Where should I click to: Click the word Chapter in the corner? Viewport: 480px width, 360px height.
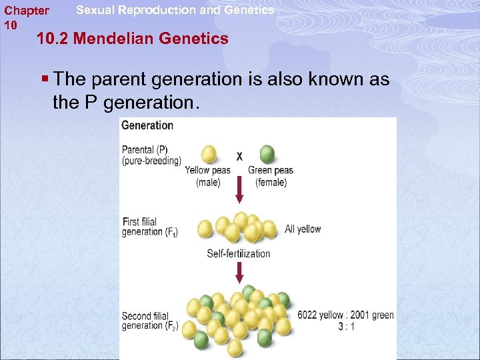tap(26, 11)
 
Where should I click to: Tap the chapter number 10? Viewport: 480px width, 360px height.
tap(10, 25)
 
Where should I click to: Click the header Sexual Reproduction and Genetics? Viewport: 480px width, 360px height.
tap(175, 10)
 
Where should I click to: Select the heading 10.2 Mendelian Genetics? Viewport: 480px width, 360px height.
tap(133, 39)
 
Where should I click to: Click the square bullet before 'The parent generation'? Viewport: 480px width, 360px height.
tap(45, 79)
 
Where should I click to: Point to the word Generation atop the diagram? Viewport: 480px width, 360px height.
tap(147, 125)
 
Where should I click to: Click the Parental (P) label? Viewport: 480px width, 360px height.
tap(145, 150)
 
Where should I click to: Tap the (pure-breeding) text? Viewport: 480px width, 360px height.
tap(151, 161)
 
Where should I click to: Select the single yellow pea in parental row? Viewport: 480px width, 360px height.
tap(209, 154)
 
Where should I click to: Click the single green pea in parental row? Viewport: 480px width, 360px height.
tap(267, 154)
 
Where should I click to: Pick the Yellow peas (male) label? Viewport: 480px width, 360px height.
tap(208, 176)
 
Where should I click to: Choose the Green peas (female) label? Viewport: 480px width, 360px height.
tap(271, 176)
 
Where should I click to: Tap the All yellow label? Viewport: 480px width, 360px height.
tap(303, 229)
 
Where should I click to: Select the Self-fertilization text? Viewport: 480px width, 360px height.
tap(239, 253)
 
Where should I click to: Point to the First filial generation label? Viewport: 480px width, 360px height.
tap(150, 227)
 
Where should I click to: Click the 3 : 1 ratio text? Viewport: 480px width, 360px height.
tap(345, 327)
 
